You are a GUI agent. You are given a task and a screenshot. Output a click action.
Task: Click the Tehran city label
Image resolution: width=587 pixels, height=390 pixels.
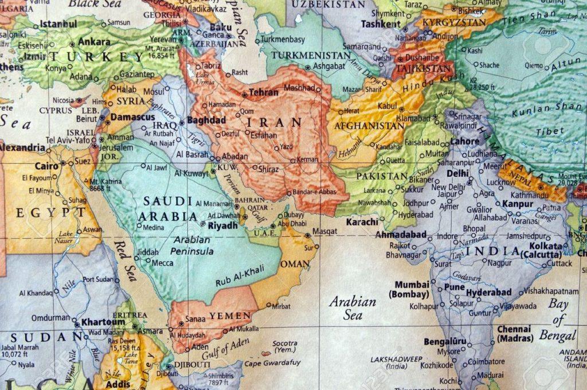click(x=264, y=92)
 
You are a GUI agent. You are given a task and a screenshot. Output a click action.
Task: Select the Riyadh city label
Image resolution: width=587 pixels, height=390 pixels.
click(x=222, y=226)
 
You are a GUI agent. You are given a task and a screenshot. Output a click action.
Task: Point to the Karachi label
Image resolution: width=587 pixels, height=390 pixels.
click(x=362, y=221)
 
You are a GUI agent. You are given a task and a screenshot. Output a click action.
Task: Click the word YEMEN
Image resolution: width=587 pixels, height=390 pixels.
click(x=230, y=316)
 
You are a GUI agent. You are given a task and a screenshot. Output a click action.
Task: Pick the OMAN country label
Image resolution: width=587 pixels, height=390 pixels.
click(x=295, y=264)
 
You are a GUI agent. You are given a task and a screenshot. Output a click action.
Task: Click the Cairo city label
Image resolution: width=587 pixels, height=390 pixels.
click(x=46, y=166)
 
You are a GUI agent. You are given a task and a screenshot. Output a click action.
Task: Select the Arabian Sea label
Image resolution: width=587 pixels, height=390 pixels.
click(x=353, y=308)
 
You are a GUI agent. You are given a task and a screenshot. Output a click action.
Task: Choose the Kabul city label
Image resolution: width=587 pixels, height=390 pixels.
click(x=388, y=106)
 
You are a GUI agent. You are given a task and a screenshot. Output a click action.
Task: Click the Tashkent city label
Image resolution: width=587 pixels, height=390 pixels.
click(x=381, y=24)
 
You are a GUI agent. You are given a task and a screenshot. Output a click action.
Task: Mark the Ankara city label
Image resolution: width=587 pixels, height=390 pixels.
click(x=94, y=42)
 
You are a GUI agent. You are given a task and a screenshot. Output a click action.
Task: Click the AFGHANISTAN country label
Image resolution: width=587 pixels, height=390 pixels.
click(x=369, y=125)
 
